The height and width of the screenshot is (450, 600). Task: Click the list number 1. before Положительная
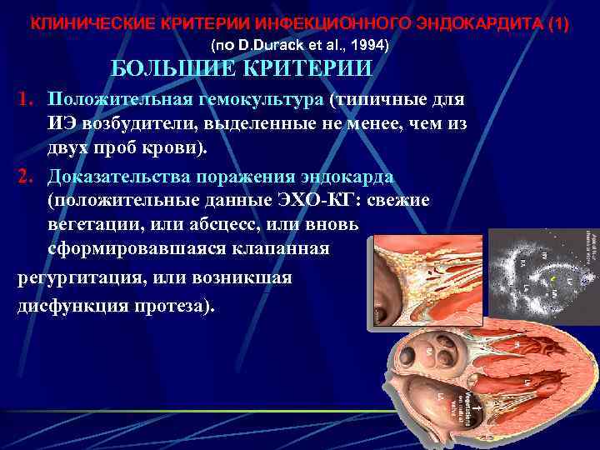[x=29, y=100]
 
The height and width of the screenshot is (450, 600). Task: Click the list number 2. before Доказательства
[x=29, y=177]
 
